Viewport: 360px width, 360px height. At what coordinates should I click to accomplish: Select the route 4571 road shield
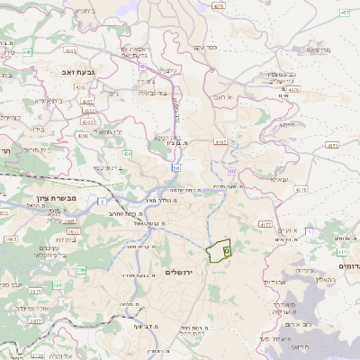(x=333, y=144)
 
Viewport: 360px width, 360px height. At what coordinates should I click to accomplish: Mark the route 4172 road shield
(x=265, y=224)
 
